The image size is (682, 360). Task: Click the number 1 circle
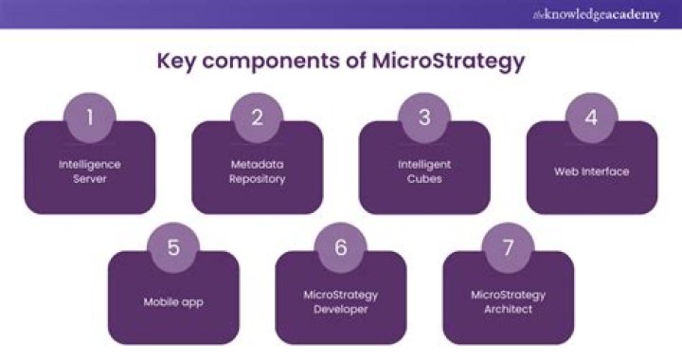(x=89, y=117)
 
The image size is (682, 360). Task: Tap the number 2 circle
(x=257, y=117)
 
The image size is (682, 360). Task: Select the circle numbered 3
(x=424, y=117)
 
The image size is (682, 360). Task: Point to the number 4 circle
(x=592, y=117)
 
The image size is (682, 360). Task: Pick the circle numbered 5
(x=173, y=248)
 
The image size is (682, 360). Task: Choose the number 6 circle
(x=341, y=248)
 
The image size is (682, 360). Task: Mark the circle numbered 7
(x=509, y=248)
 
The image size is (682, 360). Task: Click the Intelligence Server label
(x=89, y=171)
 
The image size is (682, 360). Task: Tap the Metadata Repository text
(x=257, y=171)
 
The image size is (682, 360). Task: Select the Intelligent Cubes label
(x=424, y=171)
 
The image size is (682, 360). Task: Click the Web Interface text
(x=592, y=171)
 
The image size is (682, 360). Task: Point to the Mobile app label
(x=173, y=302)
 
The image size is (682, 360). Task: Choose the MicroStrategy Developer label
(x=341, y=301)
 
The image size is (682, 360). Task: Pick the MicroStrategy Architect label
(x=509, y=301)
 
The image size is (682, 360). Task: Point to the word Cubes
(x=424, y=178)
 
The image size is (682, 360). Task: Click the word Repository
(x=257, y=178)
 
